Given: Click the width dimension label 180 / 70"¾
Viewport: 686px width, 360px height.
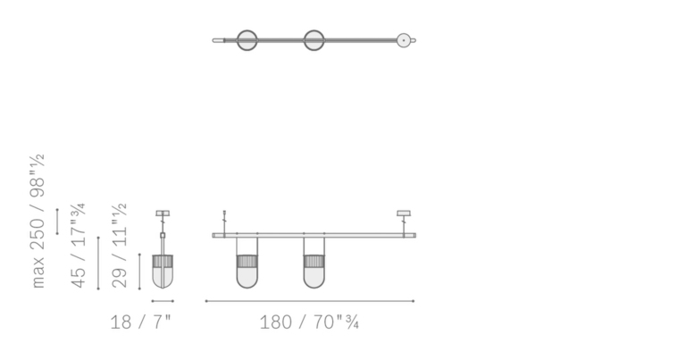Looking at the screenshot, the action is click(x=309, y=322).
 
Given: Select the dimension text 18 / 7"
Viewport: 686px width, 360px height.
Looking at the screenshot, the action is click(x=141, y=322).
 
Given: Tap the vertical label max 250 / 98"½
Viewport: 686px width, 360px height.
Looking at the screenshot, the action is click(x=38, y=221).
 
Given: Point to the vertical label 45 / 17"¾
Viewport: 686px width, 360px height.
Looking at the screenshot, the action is click(x=78, y=246).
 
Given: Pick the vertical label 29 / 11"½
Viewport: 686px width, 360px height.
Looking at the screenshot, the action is click(x=120, y=246).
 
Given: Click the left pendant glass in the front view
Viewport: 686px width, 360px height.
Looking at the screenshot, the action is click(x=247, y=272).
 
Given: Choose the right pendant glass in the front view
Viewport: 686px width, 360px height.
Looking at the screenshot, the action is click(x=314, y=272).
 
